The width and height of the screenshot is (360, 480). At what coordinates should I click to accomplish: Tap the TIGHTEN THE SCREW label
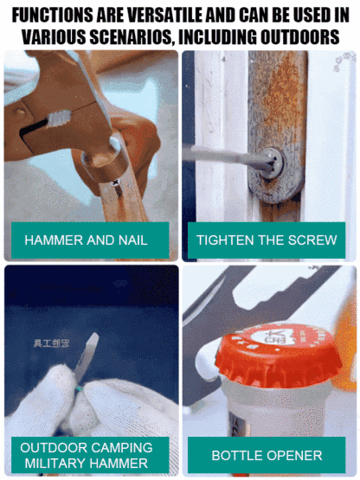tap(266, 240)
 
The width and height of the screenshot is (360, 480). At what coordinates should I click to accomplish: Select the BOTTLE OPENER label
tap(266, 455)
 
